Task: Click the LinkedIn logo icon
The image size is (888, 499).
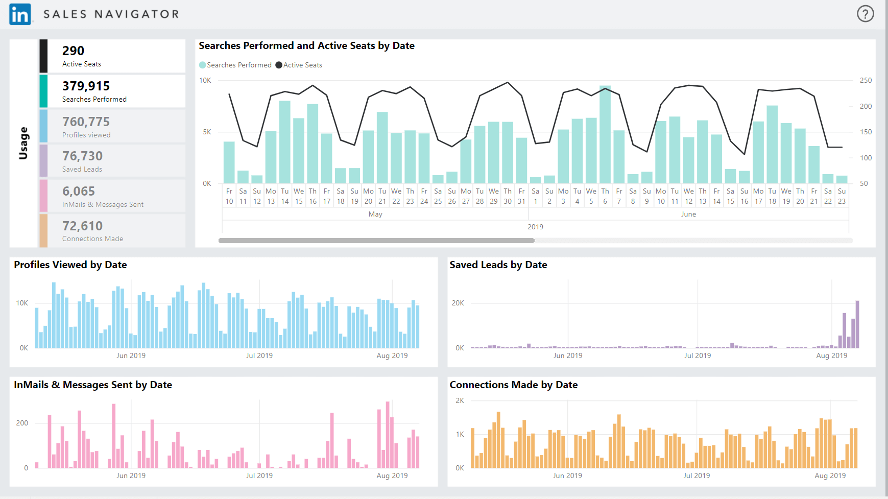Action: [x=20, y=14]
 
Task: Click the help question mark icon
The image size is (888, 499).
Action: [x=865, y=14]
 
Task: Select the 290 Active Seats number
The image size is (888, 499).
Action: [x=73, y=51]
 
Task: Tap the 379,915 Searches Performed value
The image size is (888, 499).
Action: [x=86, y=86]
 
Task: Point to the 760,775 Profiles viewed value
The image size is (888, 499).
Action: [x=86, y=122]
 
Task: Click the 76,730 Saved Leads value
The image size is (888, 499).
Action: [x=82, y=156]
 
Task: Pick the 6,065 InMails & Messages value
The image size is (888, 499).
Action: [x=79, y=191]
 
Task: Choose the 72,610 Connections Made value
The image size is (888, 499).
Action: [x=82, y=226]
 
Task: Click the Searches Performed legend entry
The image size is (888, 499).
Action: [x=235, y=65]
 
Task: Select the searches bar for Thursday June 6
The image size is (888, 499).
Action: [x=605, y=135]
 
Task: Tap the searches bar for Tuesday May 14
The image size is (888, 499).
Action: [x=285, y=142]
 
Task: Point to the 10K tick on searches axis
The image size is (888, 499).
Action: [x=205, y=80]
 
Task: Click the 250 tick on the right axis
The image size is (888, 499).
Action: [x=866, y=80]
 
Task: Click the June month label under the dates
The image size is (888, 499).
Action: [x=688, y=214]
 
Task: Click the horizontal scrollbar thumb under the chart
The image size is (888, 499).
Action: [x=376, y=240]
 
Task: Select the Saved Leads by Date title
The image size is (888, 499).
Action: [x=498, y=265]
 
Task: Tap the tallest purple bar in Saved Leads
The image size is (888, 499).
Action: [x=857, y=325]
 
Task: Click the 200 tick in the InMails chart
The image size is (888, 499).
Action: [x=22, y=423]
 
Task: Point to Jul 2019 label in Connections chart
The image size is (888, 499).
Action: [x=697, y=476]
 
